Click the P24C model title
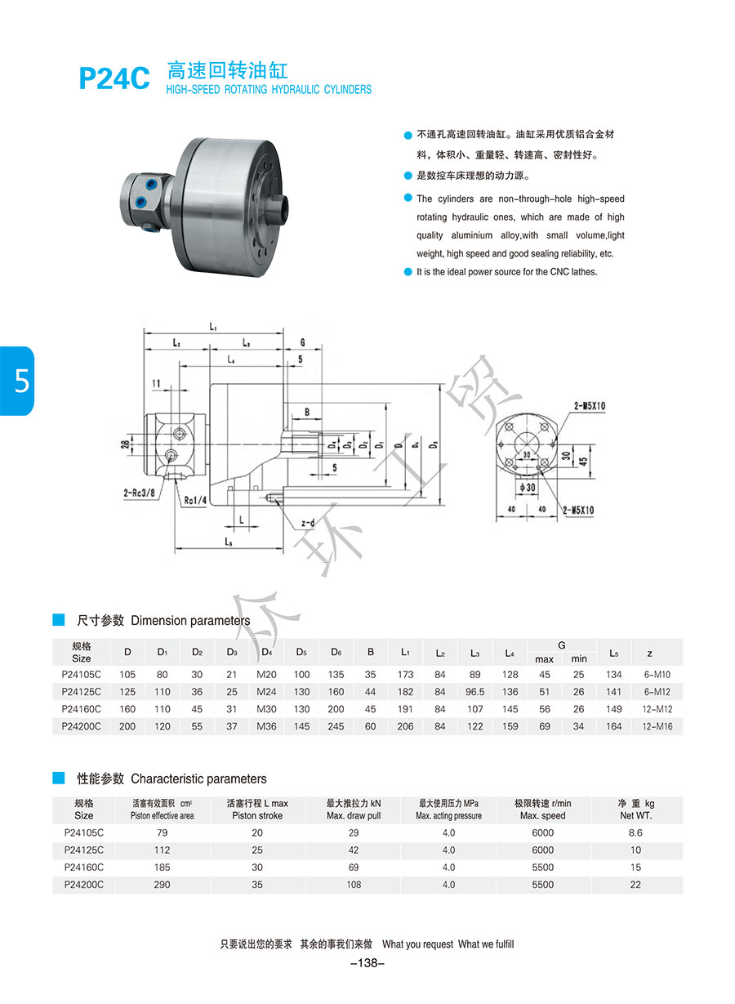[x=114, y=78]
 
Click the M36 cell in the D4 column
[x=267, y=726]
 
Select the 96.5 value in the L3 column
[x=474, y=692]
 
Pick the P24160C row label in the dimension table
[x=82, y=709]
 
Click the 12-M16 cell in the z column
[x=657, y=726]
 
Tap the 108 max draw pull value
[x=354, y=885]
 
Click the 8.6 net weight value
[x=635, y=833]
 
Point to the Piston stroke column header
[x=257, y=810]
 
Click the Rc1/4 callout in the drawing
[x=194, y=501]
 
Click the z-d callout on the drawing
[x=308, y=523]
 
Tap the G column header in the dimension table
[x=561, y=645]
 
